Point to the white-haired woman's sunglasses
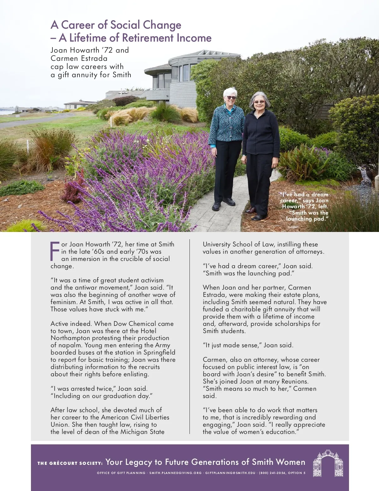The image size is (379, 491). (231, 98)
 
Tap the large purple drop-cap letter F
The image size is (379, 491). (55, 251)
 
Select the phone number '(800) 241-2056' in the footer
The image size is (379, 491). (272, 473)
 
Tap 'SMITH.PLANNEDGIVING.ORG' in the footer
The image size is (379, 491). (175, 473)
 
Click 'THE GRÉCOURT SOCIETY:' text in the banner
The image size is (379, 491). (70, 463)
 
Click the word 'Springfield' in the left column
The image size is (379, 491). (159, 352)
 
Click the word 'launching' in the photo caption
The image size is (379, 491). (299, 219)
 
